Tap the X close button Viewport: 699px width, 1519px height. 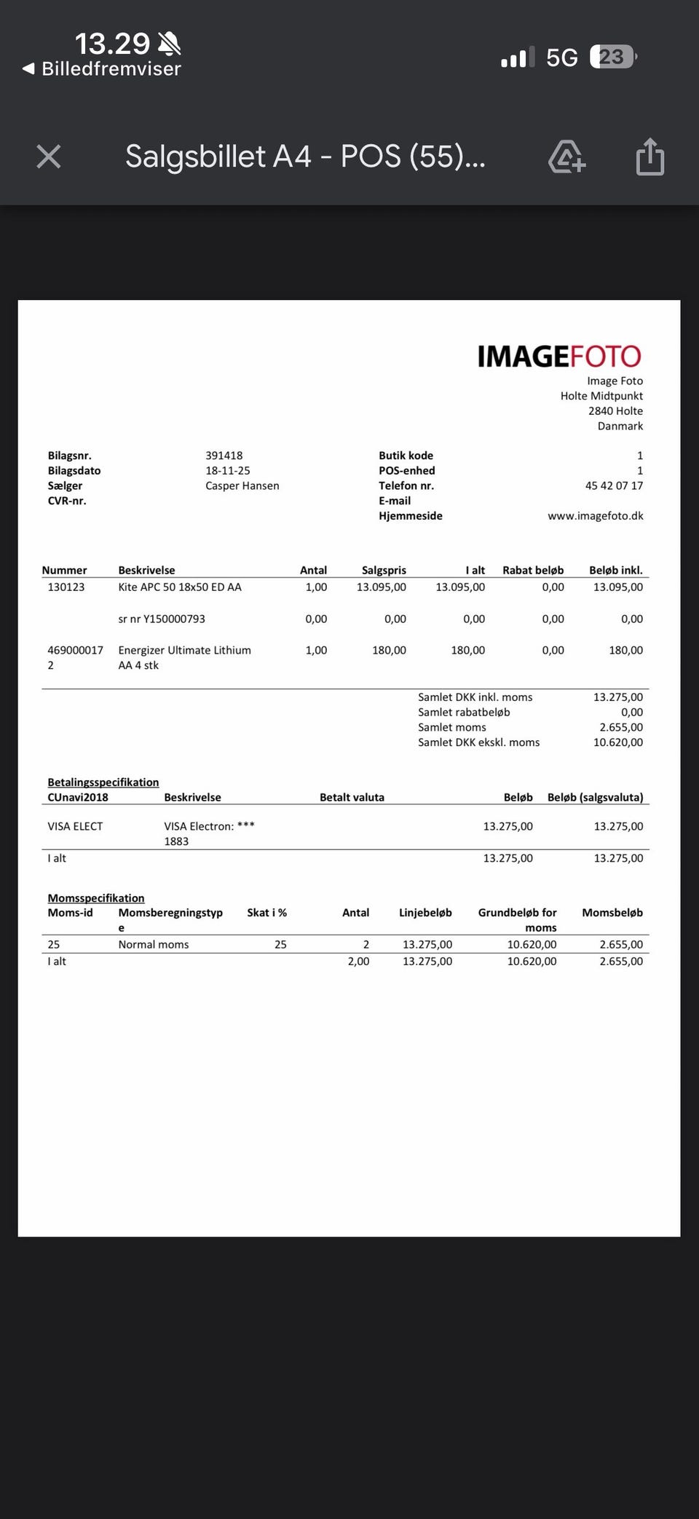(x=49, y=156)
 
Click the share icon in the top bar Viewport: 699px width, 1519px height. (x=649, y=156)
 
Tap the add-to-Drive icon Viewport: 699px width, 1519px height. (x=566, y=156)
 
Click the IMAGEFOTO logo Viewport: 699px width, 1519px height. (x=558, y=356)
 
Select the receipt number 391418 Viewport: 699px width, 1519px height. (x=224, y=456)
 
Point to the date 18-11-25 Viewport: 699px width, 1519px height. (x=227, y=471)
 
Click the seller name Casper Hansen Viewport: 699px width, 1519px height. (x=242, y=486)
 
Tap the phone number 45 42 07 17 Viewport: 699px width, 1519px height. (x=614, y=486)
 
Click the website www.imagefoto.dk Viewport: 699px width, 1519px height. (x=595, y=516)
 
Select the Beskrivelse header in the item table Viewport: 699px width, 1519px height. (x=146, y=571)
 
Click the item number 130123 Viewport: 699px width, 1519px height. (x=66, y=587)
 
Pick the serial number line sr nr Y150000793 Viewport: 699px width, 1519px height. (x=162, y=619)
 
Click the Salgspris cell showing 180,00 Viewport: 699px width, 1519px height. (x=389, y=651)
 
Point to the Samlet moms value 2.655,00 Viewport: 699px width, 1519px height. (x=620, y=728)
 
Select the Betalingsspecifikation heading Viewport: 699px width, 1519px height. (x=103, y=782)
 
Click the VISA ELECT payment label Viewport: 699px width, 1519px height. (x=75, y=827)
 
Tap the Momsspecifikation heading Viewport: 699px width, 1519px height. (x=96, y=898)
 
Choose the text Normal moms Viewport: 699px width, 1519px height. (x=154, y=945)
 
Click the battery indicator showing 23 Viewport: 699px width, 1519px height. (x=612, y=57)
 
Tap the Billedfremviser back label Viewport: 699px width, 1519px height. (x=111, y=69)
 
